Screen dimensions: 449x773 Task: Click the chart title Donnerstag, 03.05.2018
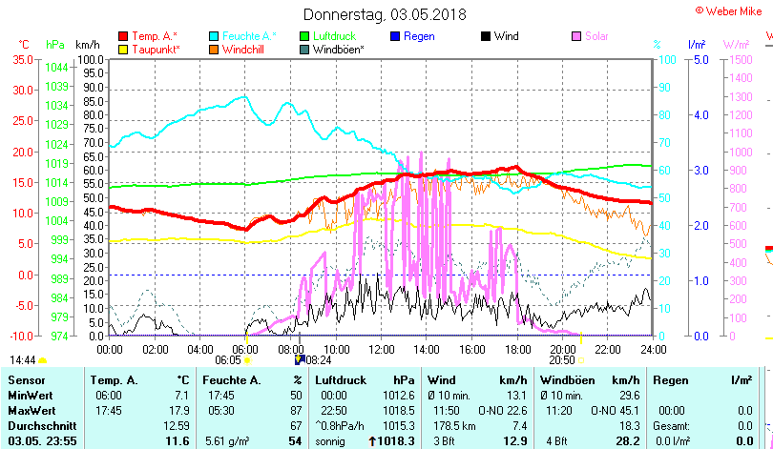[385, 14]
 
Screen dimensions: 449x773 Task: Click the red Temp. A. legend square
[122, 36]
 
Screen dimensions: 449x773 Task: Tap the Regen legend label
[419, 36]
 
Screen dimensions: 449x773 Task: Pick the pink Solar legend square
[576, 36]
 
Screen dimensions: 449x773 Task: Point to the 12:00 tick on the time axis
[381, 349]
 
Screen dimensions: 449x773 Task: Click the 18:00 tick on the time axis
[517, 349]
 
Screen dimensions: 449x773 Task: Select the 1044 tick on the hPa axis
[56, 67]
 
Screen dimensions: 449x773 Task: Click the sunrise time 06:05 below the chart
[227, 360]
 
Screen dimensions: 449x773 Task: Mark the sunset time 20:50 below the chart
[562, 360]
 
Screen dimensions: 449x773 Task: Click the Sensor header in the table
[27, 380]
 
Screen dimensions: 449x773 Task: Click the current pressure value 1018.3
[400, 441]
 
